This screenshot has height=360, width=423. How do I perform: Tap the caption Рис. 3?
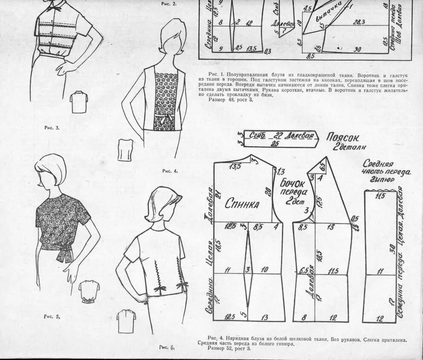coord(52,128)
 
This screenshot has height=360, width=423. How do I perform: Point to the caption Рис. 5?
coord(52,316)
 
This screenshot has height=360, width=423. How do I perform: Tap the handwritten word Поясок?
coord(343,137)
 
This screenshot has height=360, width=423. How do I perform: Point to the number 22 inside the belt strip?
coord(278,136)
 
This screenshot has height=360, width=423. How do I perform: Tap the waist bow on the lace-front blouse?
coord(162,117)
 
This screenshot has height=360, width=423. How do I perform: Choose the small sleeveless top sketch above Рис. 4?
coord(125,150)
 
